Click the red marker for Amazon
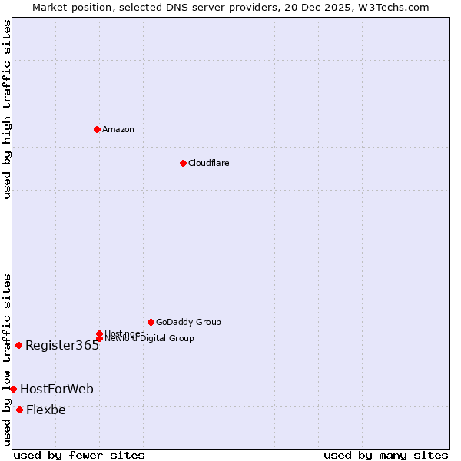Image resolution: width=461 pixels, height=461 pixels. point(97,129)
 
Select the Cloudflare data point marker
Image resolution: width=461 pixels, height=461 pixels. point(183,163)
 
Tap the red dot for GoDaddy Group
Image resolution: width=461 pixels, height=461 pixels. point(151,322)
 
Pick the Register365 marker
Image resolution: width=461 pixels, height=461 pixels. point(18,345)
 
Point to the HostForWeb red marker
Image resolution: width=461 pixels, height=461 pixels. point(13,389)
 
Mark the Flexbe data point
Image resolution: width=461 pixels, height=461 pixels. point(19,410)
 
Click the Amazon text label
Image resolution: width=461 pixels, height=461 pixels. point(118,129)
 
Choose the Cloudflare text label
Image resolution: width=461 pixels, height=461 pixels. point(209,163)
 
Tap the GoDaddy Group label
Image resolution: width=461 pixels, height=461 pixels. point(188,322)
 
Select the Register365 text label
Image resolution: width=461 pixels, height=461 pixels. point(62,346)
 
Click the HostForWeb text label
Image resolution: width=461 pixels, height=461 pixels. point(57,390)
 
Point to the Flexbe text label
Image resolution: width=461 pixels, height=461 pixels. point(46,410)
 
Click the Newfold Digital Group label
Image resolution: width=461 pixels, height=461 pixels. point(149,339)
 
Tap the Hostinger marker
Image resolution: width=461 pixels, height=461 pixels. point(99,333)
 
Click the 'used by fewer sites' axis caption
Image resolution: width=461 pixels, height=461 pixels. point(79,455)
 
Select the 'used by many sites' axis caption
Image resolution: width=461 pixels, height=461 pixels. point(386,455)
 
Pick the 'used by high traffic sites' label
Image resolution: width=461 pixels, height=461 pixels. point(7,109)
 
